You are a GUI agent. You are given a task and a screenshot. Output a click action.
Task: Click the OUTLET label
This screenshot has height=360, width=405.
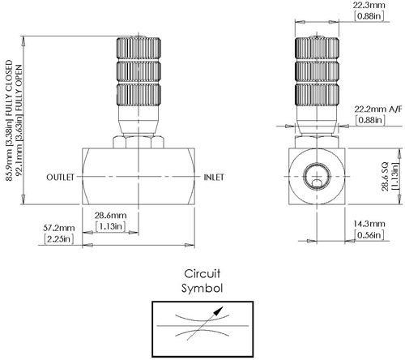(61, 177)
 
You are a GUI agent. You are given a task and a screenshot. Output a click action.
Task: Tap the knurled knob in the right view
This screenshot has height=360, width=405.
(315, 72)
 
